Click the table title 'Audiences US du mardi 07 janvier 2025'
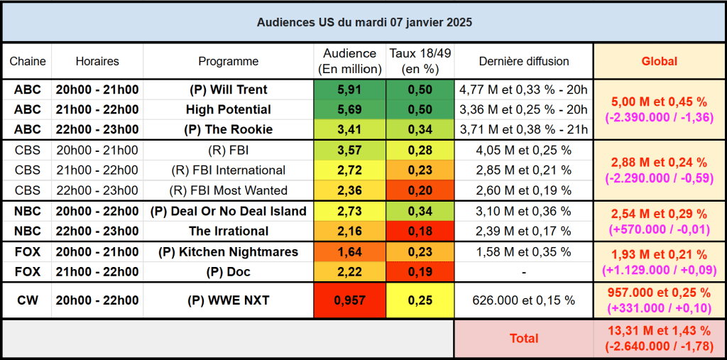tap(363, 22)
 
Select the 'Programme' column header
tap(228, 61)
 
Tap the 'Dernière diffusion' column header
tap(524, 61)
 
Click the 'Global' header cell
tap(659, 61)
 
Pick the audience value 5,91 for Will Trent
tap(349, 89)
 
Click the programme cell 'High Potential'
tap(228, 109)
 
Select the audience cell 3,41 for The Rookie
tap(349, 130)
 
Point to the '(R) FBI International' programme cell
tap(228, 170)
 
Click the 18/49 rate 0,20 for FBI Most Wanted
tap(420, 190)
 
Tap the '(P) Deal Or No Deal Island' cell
tap(228, 211)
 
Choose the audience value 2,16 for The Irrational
tap(349, 231)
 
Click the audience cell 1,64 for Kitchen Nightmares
tap(349, 251)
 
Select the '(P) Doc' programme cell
tap(228, 272)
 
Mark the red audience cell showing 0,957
tap(349, 300)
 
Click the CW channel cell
tap(27, 300)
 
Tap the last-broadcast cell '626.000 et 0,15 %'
tap(524, 300)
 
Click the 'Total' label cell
tap(524, 339)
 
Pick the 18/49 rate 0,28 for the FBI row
tap(420, 150)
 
